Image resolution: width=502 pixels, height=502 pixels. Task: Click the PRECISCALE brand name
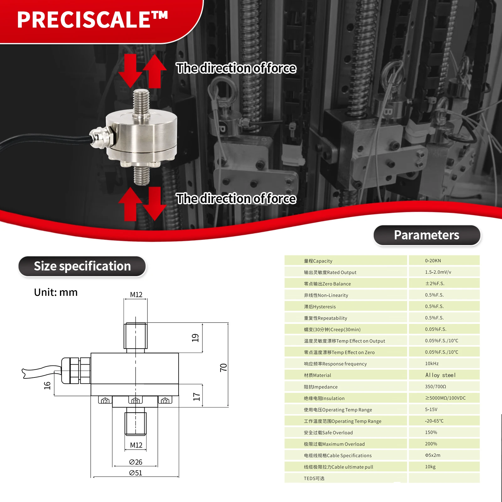(x=92, y=20)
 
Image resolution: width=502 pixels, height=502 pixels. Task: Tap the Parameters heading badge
(x=427, y=235)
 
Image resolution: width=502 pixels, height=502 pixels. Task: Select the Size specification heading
(x=82, y=266)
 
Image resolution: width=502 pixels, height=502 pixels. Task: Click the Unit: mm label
(x=56, y=292)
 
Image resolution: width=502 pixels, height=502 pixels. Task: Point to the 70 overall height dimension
(x=223, y=367)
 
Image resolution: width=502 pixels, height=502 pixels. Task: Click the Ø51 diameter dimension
(x=136, y=473)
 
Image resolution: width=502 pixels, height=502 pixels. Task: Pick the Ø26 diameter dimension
(x=136, y=462)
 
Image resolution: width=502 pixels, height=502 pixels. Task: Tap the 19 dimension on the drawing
(x=195, y=338)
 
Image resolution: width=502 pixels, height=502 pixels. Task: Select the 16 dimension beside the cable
(x=47, y=385)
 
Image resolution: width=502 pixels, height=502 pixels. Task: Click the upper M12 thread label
(x=136, y=295)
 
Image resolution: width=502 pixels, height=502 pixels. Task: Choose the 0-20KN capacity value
(x=433, y=261)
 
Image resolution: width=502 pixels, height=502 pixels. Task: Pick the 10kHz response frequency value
(x=432, y=364)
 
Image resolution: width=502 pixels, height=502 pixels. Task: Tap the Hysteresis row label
(x=320, y=307)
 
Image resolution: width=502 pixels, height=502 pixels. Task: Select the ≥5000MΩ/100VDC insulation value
(x=445, y=398)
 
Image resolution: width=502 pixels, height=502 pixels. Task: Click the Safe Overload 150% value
(x=431, y=432)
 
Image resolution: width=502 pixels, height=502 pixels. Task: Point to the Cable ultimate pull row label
(x=339, y=467)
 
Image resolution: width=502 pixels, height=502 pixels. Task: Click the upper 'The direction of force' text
(x=236, y=68)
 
